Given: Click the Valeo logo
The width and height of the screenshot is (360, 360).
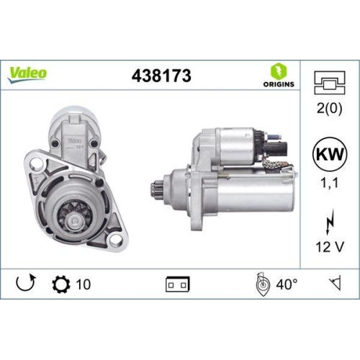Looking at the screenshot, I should coord(29,72).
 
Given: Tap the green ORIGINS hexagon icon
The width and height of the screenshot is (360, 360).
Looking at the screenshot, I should coord(279,70).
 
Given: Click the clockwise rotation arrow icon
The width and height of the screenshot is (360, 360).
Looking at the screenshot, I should coord(25,284).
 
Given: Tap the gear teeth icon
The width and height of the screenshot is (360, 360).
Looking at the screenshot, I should coord(60,284).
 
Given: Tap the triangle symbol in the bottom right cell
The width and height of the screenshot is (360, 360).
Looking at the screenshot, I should coord(334,284).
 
